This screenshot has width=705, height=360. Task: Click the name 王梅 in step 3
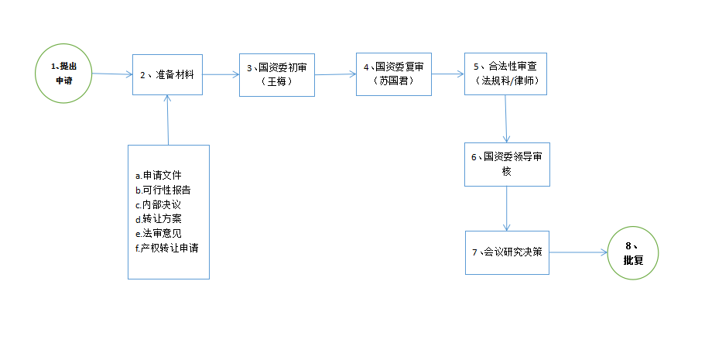click(276, 81)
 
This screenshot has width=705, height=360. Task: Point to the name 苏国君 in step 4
click(393, 81)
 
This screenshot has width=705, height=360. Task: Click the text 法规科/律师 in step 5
click(507, 81)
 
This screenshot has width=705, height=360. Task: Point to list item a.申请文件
click(159, 176)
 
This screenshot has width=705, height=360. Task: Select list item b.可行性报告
click(163, 190)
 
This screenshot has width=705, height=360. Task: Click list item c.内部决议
click(158, 204)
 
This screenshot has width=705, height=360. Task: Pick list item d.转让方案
click(159, 219)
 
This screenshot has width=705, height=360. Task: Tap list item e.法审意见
click(159, 234)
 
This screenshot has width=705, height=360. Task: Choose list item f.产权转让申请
click(167, 248)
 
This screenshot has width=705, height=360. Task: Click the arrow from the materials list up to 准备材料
click(168, 120)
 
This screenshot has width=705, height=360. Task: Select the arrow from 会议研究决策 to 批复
click(578, 252)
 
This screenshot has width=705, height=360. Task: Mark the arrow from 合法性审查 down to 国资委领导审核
click(506, 118)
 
